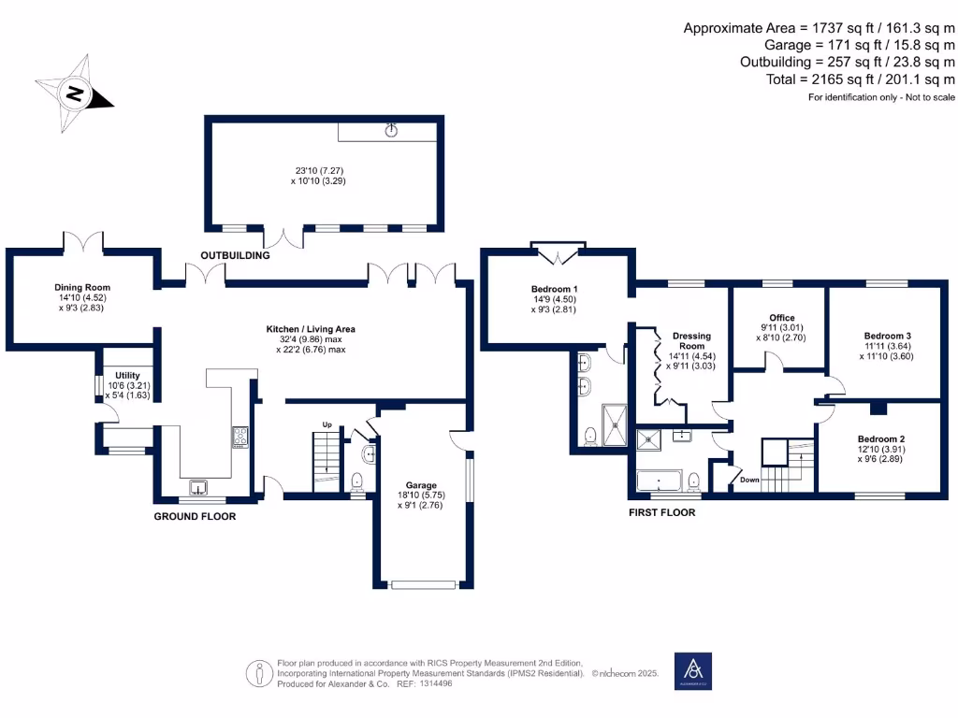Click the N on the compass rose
(75, 94)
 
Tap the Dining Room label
(82, 288)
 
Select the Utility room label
(127, 376)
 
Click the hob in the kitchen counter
(240, 438)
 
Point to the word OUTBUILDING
(235, 255)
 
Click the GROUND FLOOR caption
(195, 516)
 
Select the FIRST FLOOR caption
(662, 513)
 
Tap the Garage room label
(421, 485)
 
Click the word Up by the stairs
(327, 424)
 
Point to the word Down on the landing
(749, 480)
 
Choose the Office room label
(782, 318)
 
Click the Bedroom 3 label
(887, 336)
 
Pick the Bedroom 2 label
(881, 439)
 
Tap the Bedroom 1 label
(554, 290)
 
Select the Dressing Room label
(691, 340)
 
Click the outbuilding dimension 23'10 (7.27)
(320, 171)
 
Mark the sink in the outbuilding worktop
(391, 130)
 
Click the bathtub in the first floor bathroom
(659, 481)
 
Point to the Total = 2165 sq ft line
(861, 79)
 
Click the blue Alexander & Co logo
(693, 671)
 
